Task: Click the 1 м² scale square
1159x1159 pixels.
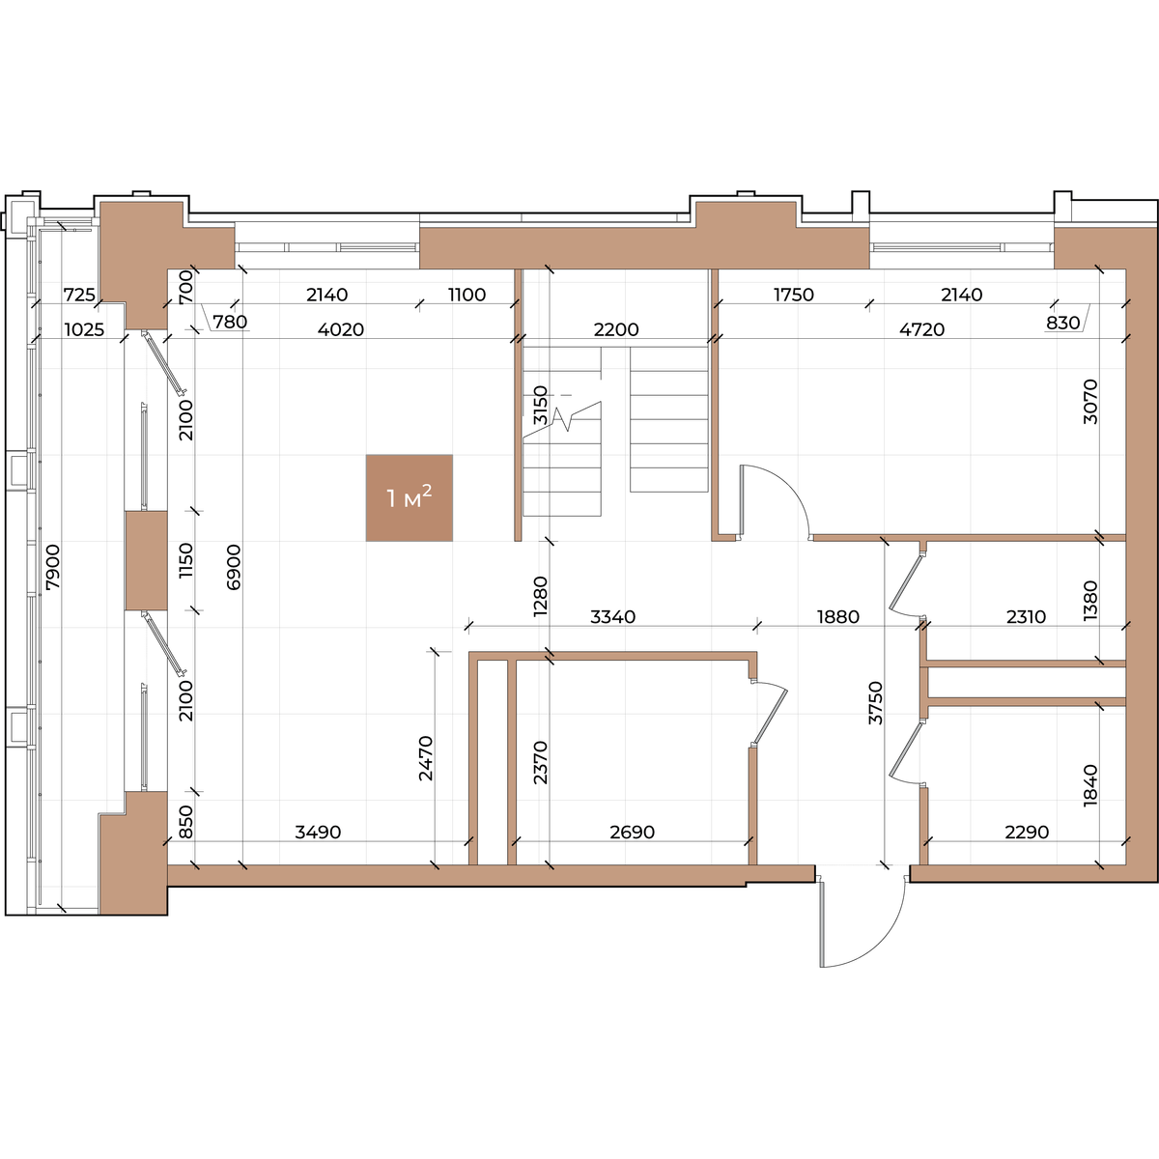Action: (x=409, y=498)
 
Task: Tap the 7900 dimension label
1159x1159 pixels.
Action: (x=53, y=567)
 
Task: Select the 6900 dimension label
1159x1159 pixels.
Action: (x=234, y=567)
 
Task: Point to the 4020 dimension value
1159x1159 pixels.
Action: (x=340, y=329)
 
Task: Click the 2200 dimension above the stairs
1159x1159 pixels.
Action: (x=616, y=329)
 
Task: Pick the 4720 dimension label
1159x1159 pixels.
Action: (x=921, y=329)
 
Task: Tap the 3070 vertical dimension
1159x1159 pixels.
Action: (x=1089, y=402)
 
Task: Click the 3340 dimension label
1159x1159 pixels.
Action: (x=612, y=616)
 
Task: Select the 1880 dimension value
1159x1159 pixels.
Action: (x=837, y=616)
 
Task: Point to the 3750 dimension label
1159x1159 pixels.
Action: (x=875, y=703)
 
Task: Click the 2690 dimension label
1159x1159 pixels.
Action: (x=632, y=832)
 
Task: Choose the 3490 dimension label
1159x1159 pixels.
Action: (x=318, y=832)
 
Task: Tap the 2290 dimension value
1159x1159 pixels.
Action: (x=1027, y=832)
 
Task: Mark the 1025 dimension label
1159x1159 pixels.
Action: (x=84, y=329)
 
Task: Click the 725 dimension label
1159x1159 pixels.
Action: (x=79, y=295)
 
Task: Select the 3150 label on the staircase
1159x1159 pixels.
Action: (x=540, y=405)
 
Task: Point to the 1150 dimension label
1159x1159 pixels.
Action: (x=186, y=560)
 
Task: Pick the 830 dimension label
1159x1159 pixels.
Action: (x=1062, y=323)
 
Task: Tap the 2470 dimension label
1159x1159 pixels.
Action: (x=426, y=758)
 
